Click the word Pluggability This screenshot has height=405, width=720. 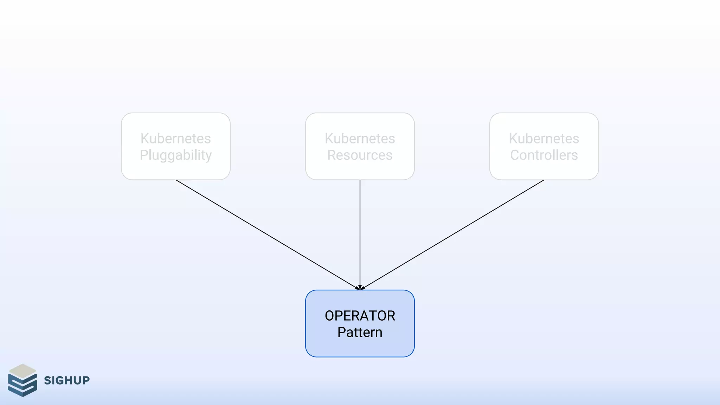(176, 155)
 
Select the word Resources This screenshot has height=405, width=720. (360, 155)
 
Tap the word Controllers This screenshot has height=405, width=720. (544, 155)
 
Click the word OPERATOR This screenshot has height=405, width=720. (360, 316)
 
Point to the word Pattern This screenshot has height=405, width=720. (360, 332)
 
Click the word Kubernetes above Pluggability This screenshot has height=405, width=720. (176, 139)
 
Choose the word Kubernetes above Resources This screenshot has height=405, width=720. (360, 139)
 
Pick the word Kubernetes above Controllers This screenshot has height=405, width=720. (544, 139)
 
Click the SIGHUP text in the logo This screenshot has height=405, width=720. (67, 380)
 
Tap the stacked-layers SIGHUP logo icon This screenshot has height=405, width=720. (22, 380)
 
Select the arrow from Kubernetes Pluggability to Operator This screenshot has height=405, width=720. (267, 234)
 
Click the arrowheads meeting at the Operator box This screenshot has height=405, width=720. (360, 288)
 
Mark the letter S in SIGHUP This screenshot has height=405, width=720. (47, 380)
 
